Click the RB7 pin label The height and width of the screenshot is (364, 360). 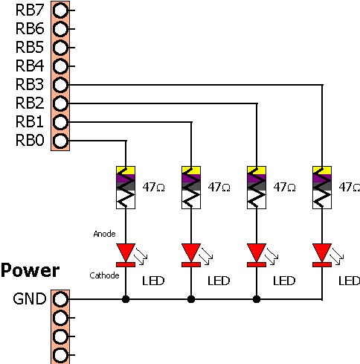pos(30,10)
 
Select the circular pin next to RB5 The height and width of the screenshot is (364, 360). pos(60,48)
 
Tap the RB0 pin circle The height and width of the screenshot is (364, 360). pos(60,141)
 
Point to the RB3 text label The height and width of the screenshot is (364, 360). pos(30,85)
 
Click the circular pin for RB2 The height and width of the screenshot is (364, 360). pos(60,103)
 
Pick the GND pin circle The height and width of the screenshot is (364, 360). pos(60,299)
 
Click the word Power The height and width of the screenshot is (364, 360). pos(30,271)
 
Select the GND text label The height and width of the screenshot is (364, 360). pos(30,298)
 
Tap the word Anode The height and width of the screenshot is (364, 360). pos(104,234)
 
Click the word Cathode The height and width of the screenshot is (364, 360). pos(104,275)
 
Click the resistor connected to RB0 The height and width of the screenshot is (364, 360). pos(126,188)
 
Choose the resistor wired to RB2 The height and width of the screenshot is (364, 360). pos(257,188)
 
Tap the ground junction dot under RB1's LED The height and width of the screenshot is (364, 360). pos(191,299)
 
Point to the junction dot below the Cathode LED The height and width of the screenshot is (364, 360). pos(126,299)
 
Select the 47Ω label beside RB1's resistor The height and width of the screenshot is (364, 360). pos(219,188)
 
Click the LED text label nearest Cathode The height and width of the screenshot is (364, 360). pos(153,281)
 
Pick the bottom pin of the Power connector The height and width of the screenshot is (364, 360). pos(60,355)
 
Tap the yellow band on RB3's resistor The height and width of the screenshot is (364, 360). pos(322,170)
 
